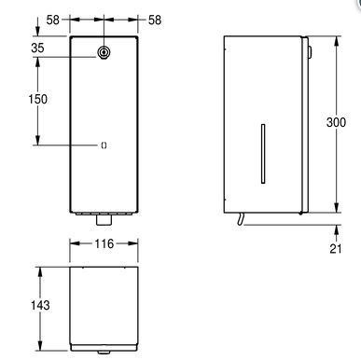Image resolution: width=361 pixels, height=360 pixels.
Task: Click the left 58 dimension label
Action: pyautogui.click(x=52, y=20)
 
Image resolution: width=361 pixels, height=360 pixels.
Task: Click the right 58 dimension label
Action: pyautogui.click(x=155, y=21)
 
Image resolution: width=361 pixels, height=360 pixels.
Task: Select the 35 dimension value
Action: pyautogui.click(x=37, y=48)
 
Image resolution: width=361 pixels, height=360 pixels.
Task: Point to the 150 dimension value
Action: pyautogui.click(x=38, y=99)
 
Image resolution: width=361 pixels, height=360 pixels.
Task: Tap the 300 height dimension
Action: pyautogui.click(x=336, y=122)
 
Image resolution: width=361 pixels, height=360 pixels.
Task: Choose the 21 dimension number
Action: pyautogui.click(x=336, y=249)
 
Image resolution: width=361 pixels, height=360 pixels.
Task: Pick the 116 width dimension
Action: pyautogui.click(x=104, y=243)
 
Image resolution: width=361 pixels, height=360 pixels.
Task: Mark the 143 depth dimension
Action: pyautogui.click(x=40, y=305)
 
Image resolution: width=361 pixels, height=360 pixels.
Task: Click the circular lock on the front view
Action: pyautogui.click(x=104, y=52)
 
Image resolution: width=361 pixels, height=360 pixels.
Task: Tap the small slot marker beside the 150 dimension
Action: pyautogui.click(x=104, y=145)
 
